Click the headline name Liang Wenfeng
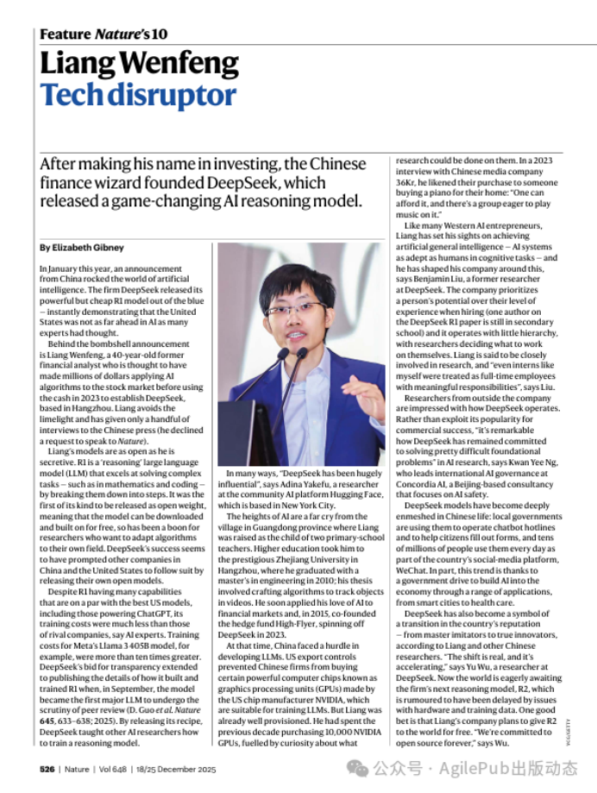pyautogui.click(x=140, y=64)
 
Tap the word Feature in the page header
pyautogui.click(x=65, y=35)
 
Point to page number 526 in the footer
pyautogui.click(x=47, y=767)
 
